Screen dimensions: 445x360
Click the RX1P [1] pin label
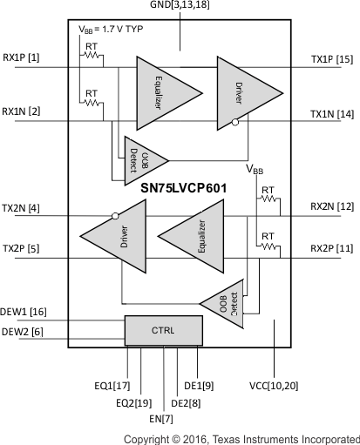(x=22, y=58)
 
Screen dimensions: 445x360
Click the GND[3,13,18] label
(x=180, y=7)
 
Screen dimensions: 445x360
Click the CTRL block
(x=163, y=331)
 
